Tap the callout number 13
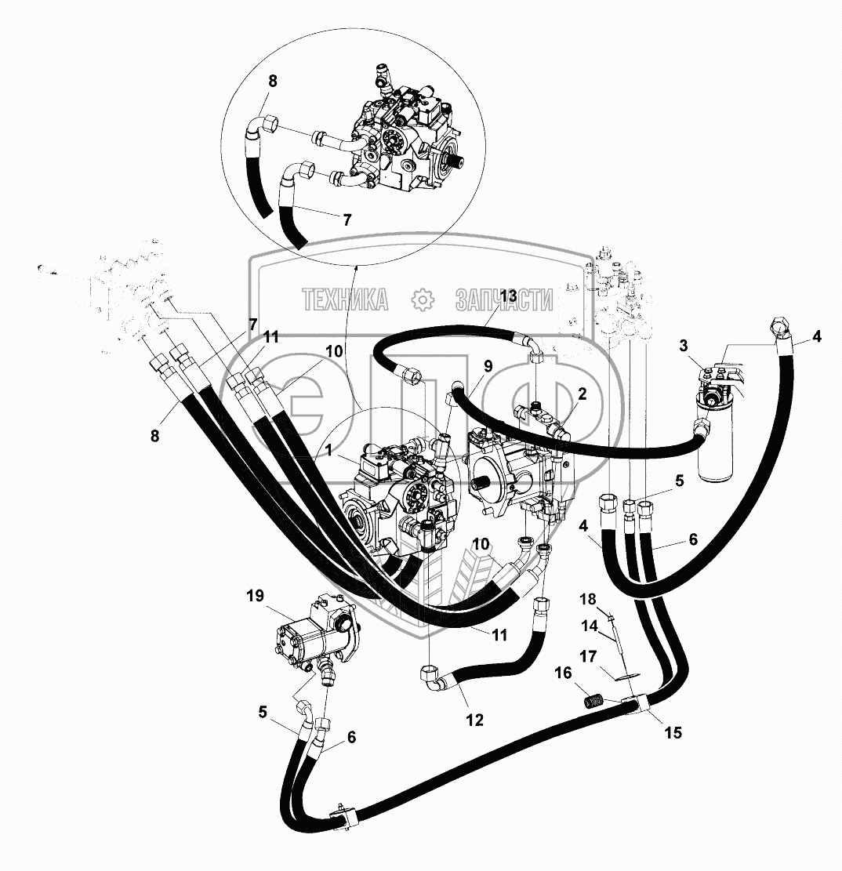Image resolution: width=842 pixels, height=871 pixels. click(x=507, y=296)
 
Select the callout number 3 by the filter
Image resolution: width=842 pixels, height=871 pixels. click(x=684, y=346)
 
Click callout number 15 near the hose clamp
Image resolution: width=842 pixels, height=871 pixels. click(x=672, y=733)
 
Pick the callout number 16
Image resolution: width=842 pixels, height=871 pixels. click(x=564, y=673)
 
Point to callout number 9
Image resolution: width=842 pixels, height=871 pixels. click(x=487, y=365)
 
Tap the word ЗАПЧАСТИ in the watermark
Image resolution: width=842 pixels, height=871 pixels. click(x=505, y=299)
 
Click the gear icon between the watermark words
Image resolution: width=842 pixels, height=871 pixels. click(x=423, y=299)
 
